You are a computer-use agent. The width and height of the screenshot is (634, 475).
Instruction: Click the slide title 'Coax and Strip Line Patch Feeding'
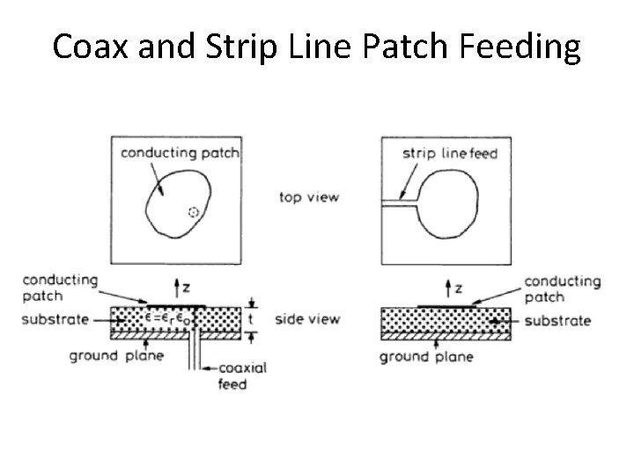click(x=317, y=46)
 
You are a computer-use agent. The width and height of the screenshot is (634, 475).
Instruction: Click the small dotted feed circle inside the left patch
click(x=195, y=212)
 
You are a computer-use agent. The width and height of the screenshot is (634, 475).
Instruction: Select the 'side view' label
click(x=307, y=318)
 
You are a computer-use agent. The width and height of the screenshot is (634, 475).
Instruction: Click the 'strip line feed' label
click(x=450, y=154)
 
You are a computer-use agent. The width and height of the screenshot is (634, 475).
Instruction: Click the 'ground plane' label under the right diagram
click(x=427, y=356)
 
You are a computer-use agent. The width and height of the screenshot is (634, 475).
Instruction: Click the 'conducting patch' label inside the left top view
click(x=181, y=153)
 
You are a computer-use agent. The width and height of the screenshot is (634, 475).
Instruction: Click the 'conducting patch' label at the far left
click(x=59, y=288)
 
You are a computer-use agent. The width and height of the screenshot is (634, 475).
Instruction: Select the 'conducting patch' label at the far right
click(x=562, y=289)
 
